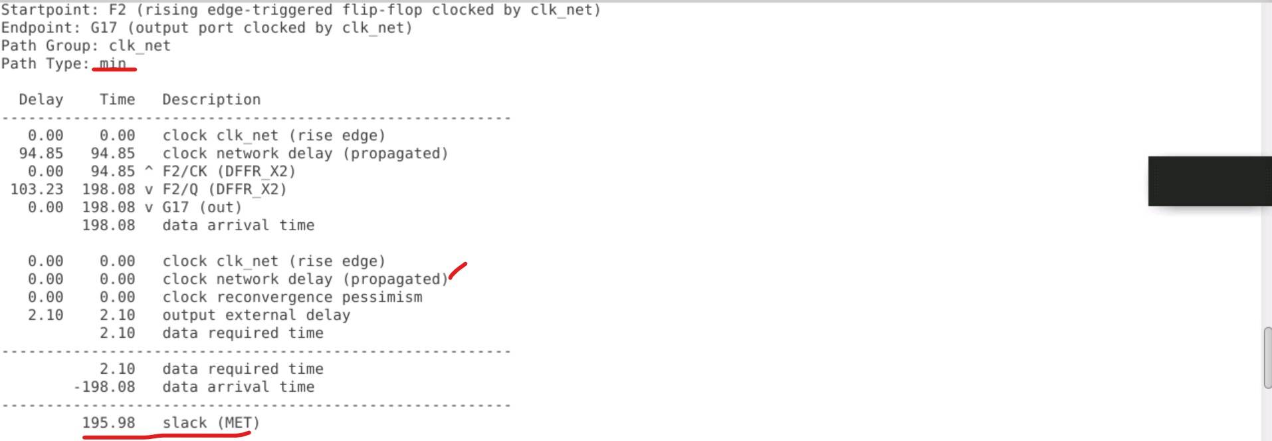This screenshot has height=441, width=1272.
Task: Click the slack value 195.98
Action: (x=108, y=423)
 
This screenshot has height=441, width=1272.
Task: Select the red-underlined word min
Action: (x=113, y=64)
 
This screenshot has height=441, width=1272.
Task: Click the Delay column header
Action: (x=41, y=100)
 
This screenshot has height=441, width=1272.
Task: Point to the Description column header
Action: (x=211, y=100)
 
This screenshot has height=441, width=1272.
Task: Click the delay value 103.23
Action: (x=37, y=190)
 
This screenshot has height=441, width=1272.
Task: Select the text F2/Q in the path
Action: (x=180, y=190)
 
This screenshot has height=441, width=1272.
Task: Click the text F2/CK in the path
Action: (x=185, y=172)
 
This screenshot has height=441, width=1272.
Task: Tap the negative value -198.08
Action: (x=104, y=387)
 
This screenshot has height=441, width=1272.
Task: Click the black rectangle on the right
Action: (x=1210, y=181)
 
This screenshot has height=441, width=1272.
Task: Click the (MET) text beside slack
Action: (x=239, y=423)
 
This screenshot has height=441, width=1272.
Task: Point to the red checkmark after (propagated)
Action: (x=458, y=271)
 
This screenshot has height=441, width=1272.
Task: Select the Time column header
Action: (x=117, y=100)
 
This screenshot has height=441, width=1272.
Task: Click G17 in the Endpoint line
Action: (x=104, y=28)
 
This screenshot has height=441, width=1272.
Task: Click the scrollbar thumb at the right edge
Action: (x=1267, y=357)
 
